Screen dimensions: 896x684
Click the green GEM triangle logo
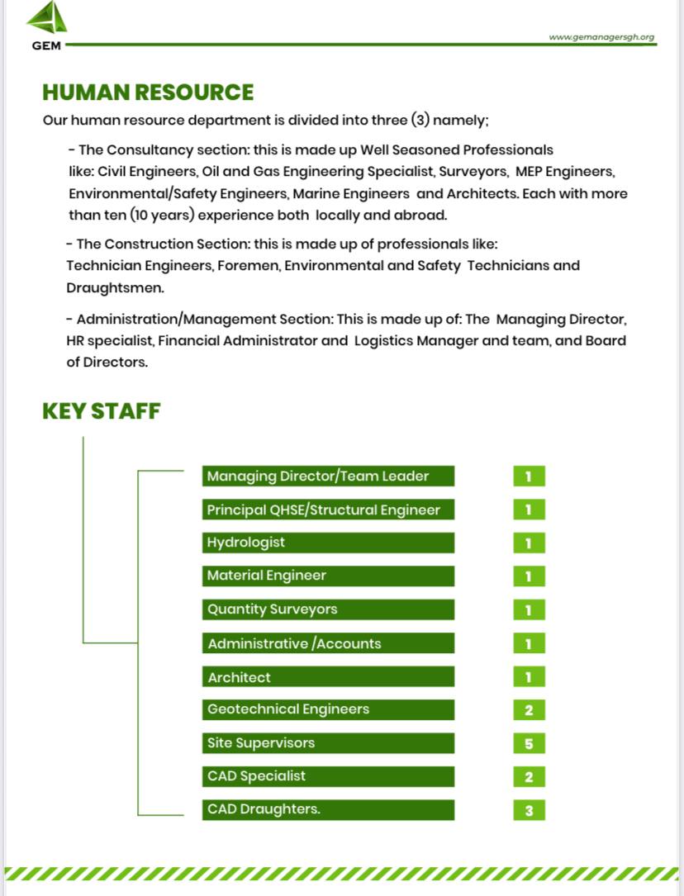pyautogui.click(x=48, y=19)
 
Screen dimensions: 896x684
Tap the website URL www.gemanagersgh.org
pyautogui.click(x=601, y=37)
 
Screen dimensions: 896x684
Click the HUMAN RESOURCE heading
pyautogui.click(x=148, y=92)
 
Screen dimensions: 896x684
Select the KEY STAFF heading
pyautogui.click(x=101, y=410)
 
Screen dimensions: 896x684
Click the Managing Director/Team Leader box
pyautogui.click(x=328, y=476)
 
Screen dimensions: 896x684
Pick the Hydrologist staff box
pyautogui.click(x=328, y=543)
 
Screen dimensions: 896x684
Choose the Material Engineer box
pyautogui.click(x=328, y=576)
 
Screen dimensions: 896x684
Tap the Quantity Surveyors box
pyautogui.click(x=328, y=609)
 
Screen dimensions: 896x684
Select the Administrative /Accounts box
pyautogui.click(x=328, y=643)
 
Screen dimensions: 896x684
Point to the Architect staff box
pyautogui.click(x=328, y=677)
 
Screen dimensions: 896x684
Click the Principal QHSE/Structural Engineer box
pyautogui.click(x=328, y=510)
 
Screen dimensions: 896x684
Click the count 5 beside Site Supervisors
pyautogui.click(x=529, y=743)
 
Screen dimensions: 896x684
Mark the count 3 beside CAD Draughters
pyautogui.click(x=529, y=810)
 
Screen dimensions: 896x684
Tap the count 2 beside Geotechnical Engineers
pyautogui.click(x=529, y=709)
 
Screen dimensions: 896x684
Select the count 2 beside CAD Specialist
pyautogui.click(x=529, y=776)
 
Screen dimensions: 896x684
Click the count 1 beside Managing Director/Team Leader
pyautogui.click(x=529, y=476)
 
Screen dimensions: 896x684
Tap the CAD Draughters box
pyautogui.click(x=328, y=809)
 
